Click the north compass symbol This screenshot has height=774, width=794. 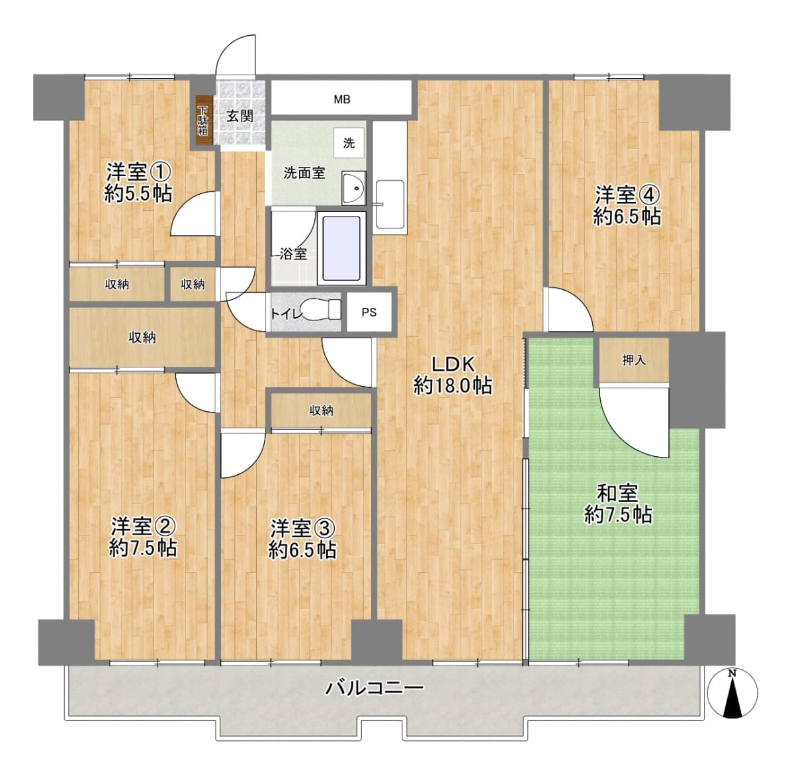[x=732, y=693]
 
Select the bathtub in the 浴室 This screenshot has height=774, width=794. [x=342, y=248]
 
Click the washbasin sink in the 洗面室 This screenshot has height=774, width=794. [x=354, y=188]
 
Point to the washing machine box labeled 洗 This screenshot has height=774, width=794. [x=349, y=143]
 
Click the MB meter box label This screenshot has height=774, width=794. [x=342, y=99]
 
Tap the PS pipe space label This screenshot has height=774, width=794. [x=369, y=313]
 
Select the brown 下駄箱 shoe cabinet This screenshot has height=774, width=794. [x=202, y=120]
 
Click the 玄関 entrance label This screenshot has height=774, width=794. [x=240, y=117]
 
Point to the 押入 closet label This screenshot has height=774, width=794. [x=634, y=360]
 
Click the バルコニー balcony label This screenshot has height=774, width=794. [x=374, y=688]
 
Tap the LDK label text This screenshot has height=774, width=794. [x=453, y=364]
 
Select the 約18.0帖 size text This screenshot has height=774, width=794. [x=453, y=386]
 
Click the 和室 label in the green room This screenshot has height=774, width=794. [x=617, y=493]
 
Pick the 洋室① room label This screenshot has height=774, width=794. [x=138, y=172]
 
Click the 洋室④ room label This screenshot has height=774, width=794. [x=627, y=195]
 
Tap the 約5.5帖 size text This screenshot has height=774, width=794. [x=138, y=194]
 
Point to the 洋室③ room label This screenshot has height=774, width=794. [x=303, y=528]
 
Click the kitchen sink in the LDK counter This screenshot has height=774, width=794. [x=390, y=204]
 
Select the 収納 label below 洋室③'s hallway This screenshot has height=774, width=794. [x=322, y=411]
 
